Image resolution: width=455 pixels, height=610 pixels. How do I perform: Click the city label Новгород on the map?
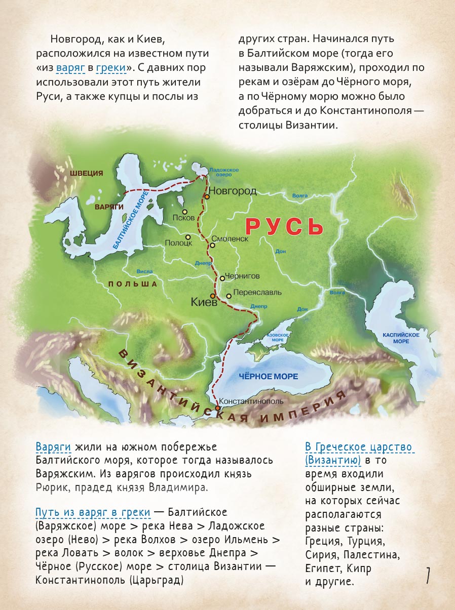233,191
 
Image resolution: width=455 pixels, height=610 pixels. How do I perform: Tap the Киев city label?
204,302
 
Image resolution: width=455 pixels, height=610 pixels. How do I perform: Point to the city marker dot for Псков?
185,212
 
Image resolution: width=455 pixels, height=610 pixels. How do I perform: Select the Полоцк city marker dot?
188,236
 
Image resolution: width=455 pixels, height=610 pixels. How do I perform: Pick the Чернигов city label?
242,276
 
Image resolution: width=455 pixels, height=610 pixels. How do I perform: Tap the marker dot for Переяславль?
229,296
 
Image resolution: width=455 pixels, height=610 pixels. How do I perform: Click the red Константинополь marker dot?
217,408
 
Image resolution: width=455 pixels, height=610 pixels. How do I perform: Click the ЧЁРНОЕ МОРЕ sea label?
268,377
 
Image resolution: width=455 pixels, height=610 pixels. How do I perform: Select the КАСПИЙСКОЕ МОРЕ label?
401,338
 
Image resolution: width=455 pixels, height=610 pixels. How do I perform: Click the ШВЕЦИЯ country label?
87,173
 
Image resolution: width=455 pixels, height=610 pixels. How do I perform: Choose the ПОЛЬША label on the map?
133,284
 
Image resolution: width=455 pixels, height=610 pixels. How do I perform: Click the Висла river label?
145,271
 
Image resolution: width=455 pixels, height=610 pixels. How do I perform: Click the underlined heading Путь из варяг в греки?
93,512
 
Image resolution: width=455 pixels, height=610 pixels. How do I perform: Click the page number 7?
428,576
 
